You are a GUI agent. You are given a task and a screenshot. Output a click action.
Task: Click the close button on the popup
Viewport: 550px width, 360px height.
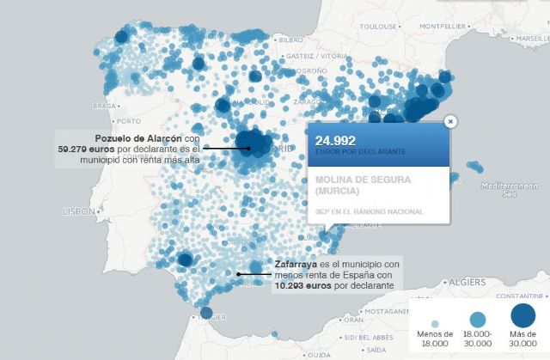450,122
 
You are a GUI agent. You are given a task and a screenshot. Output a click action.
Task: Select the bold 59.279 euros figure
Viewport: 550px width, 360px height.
81,149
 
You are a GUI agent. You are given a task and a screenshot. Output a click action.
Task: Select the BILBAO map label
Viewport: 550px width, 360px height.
291,40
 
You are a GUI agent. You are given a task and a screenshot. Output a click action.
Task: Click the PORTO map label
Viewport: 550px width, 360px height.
127,120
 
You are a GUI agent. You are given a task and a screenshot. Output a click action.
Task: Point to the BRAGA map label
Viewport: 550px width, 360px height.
104,107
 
